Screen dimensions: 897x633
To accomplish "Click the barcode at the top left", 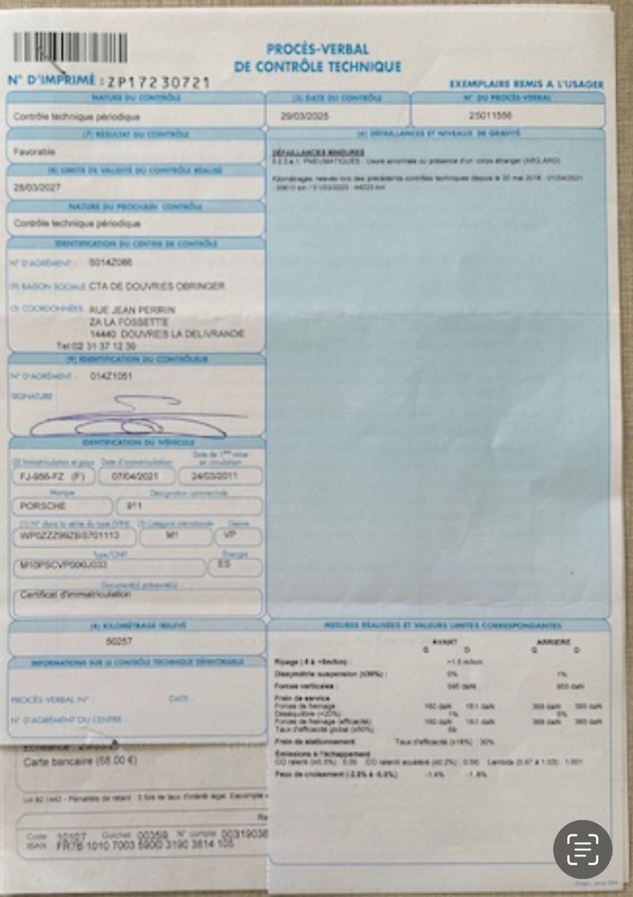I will (70, 47).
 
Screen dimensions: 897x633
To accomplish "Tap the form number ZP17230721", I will (158, 82).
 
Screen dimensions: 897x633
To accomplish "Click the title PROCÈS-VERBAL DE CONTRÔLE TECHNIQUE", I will (318, 58).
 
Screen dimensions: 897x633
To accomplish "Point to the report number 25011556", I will (490, 115).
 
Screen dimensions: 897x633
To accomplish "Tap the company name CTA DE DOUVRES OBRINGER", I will (157, 286).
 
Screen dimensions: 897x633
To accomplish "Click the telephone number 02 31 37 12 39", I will (97, 346).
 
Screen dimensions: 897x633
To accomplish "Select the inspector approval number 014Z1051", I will (111, 376).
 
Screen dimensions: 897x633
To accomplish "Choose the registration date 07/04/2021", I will (136, 476).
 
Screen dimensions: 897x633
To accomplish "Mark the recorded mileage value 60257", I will (119, 641).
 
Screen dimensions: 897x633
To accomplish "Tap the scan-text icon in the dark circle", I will (582, 850).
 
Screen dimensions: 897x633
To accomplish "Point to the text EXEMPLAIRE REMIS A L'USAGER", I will (526, 84).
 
